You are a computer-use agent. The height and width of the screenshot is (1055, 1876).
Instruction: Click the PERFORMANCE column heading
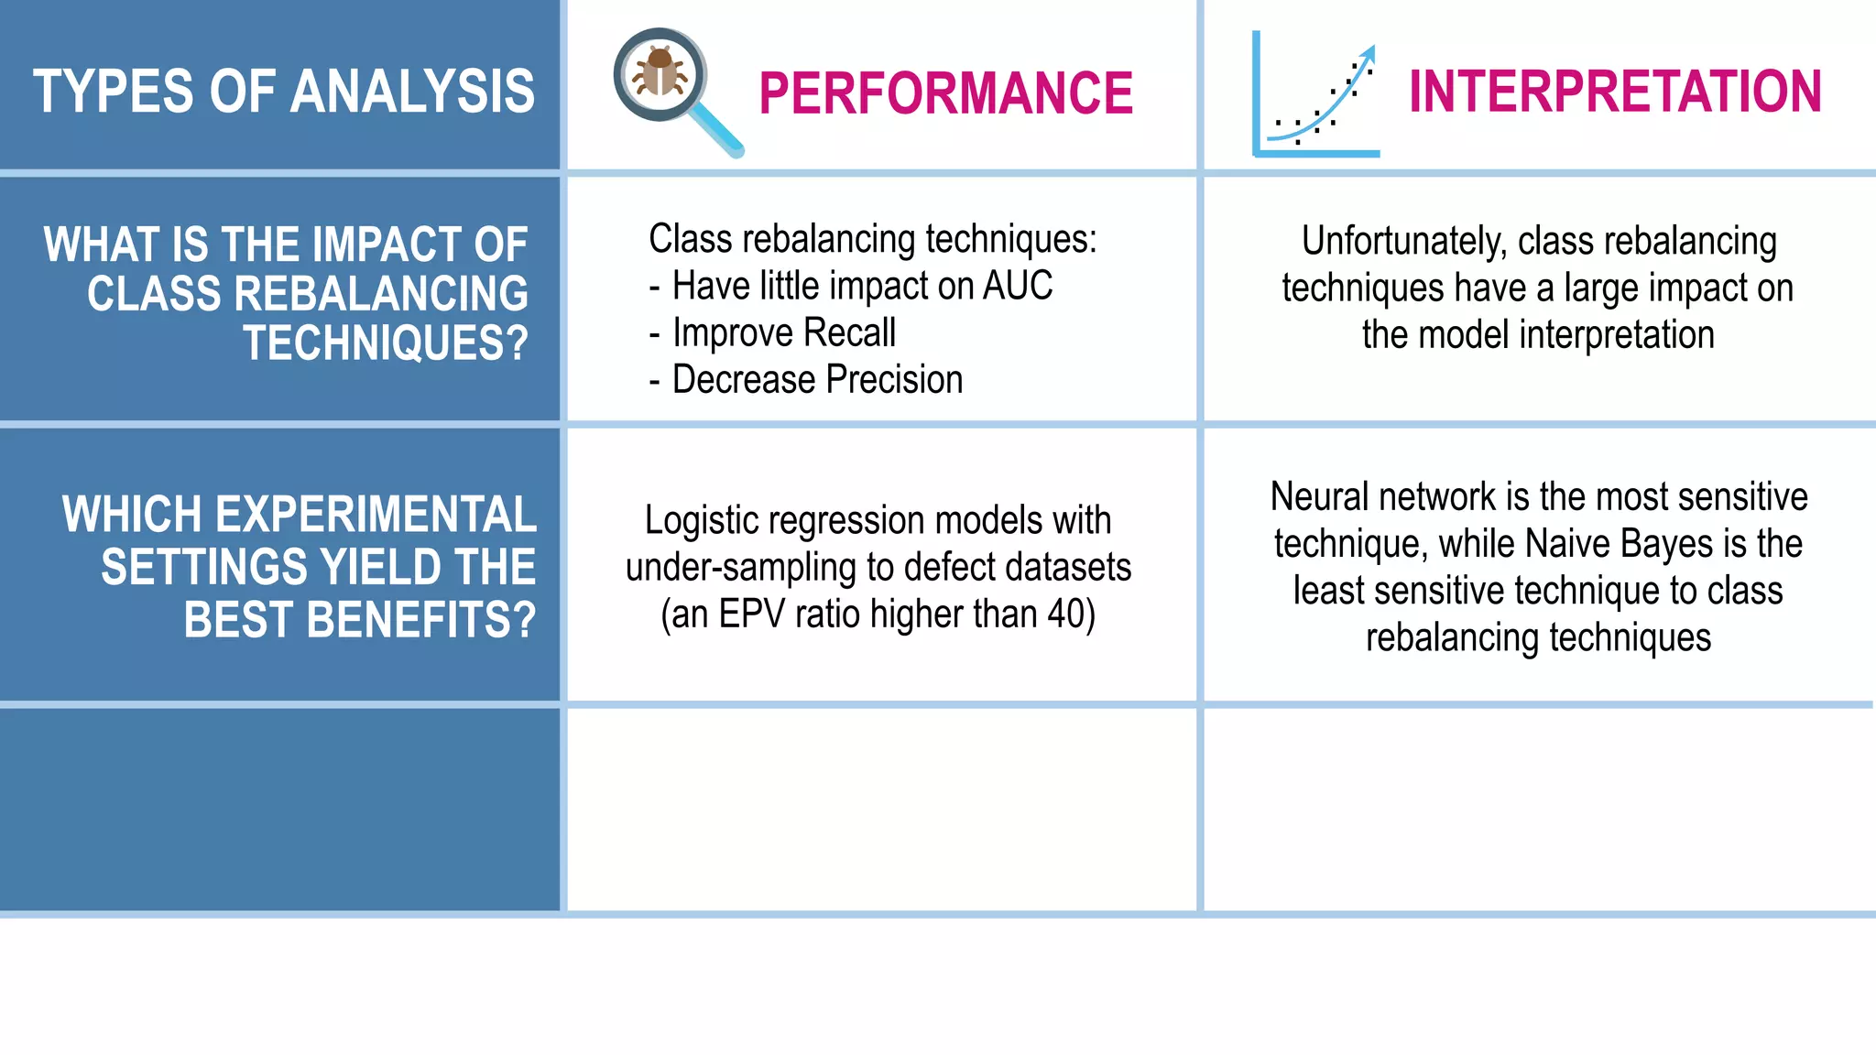pos(945,93)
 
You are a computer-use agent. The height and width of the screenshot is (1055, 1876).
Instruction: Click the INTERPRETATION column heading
pos(1614,92)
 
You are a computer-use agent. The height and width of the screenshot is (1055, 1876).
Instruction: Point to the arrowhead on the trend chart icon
pos(1368,52)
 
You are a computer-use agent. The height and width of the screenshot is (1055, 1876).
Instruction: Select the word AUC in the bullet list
pos(1017,286)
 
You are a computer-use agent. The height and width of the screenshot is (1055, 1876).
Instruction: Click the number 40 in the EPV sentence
pos(1065,614)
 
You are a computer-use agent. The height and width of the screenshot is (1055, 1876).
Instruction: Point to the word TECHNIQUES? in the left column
pos(385,343)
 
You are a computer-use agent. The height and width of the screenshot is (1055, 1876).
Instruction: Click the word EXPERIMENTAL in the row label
pos(299,515)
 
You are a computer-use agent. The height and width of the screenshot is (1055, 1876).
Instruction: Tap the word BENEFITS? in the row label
pos(359,620)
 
